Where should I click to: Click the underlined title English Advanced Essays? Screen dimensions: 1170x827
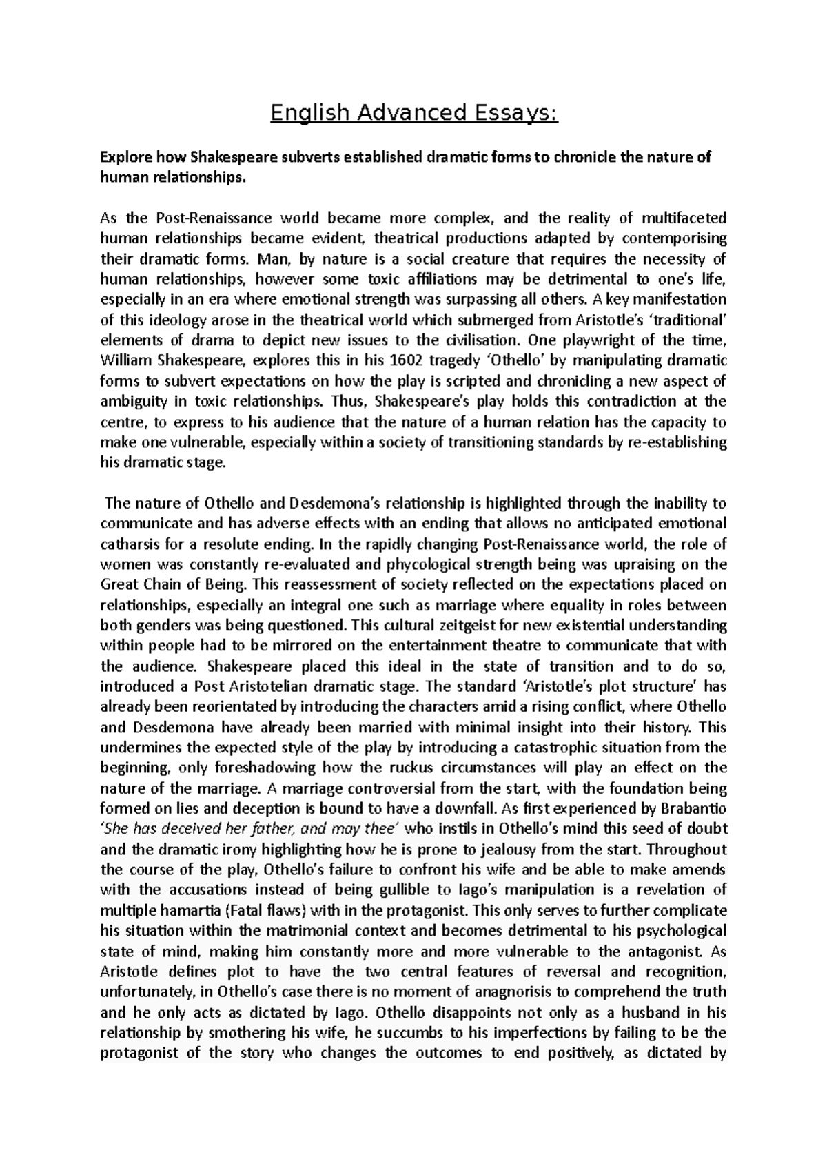click(413, 112)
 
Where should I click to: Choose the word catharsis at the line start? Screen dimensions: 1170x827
click(130, 544)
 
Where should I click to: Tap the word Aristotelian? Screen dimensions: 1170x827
click(269, 686)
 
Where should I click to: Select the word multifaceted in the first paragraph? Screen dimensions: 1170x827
click(684, 218)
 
